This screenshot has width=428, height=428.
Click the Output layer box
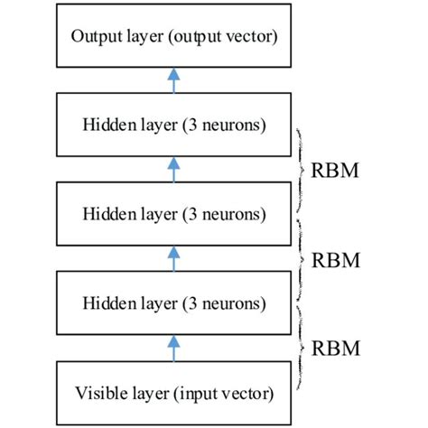174,37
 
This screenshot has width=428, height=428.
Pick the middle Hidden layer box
174,214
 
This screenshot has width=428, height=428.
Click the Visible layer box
174,392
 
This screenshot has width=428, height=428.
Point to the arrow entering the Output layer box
174,81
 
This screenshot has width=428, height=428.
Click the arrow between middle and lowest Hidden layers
174,258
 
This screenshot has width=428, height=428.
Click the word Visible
100,393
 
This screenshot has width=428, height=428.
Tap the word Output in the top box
94,37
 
